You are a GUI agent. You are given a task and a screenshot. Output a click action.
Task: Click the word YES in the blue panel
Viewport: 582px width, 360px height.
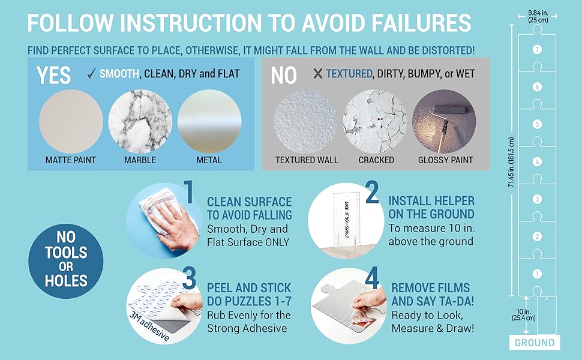[53, 75]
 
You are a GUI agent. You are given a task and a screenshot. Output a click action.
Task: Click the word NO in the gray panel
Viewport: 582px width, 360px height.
[284, 75]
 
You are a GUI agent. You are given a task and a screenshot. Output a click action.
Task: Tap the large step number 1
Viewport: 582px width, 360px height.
[188, 194]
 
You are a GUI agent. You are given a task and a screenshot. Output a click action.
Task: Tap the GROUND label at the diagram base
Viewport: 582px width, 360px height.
[534, 343]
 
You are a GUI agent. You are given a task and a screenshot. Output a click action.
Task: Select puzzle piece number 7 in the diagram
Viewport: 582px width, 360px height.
[537, 49]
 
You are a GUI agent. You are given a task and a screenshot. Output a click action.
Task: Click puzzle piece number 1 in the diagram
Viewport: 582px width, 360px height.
[537, 274]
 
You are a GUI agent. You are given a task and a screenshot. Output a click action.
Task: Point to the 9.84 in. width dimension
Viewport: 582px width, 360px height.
[538, 16]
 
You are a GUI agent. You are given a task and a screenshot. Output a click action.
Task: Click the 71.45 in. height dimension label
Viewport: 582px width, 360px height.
[510, 161]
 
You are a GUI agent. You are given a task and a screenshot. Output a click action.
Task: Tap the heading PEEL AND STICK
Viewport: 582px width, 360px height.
[249, 287]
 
